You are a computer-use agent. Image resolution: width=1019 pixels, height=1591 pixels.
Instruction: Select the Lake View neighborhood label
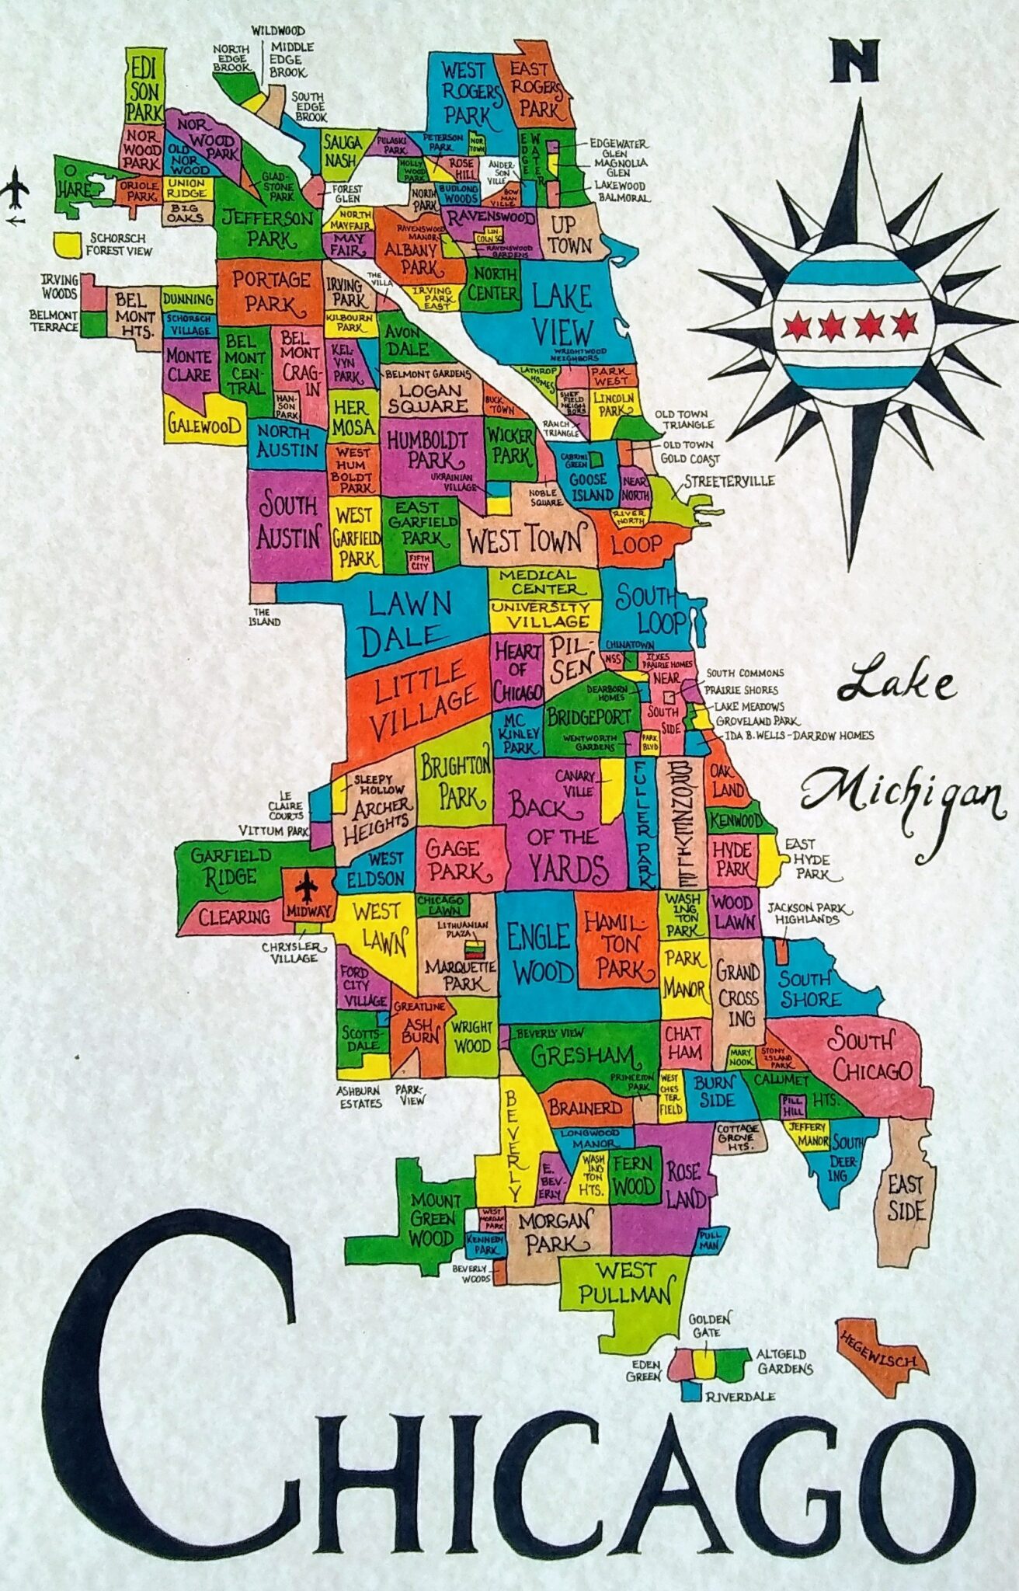[x=562, y=315]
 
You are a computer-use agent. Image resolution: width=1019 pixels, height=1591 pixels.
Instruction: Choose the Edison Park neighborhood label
[x=144, y=88]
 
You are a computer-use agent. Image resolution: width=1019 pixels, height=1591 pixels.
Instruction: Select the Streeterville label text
[x=728, y=482]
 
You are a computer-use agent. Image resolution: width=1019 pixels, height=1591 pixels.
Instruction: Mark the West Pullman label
[x=624, y=1283]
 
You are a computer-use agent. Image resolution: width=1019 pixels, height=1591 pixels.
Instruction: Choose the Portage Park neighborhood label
[x=270, y=291]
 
